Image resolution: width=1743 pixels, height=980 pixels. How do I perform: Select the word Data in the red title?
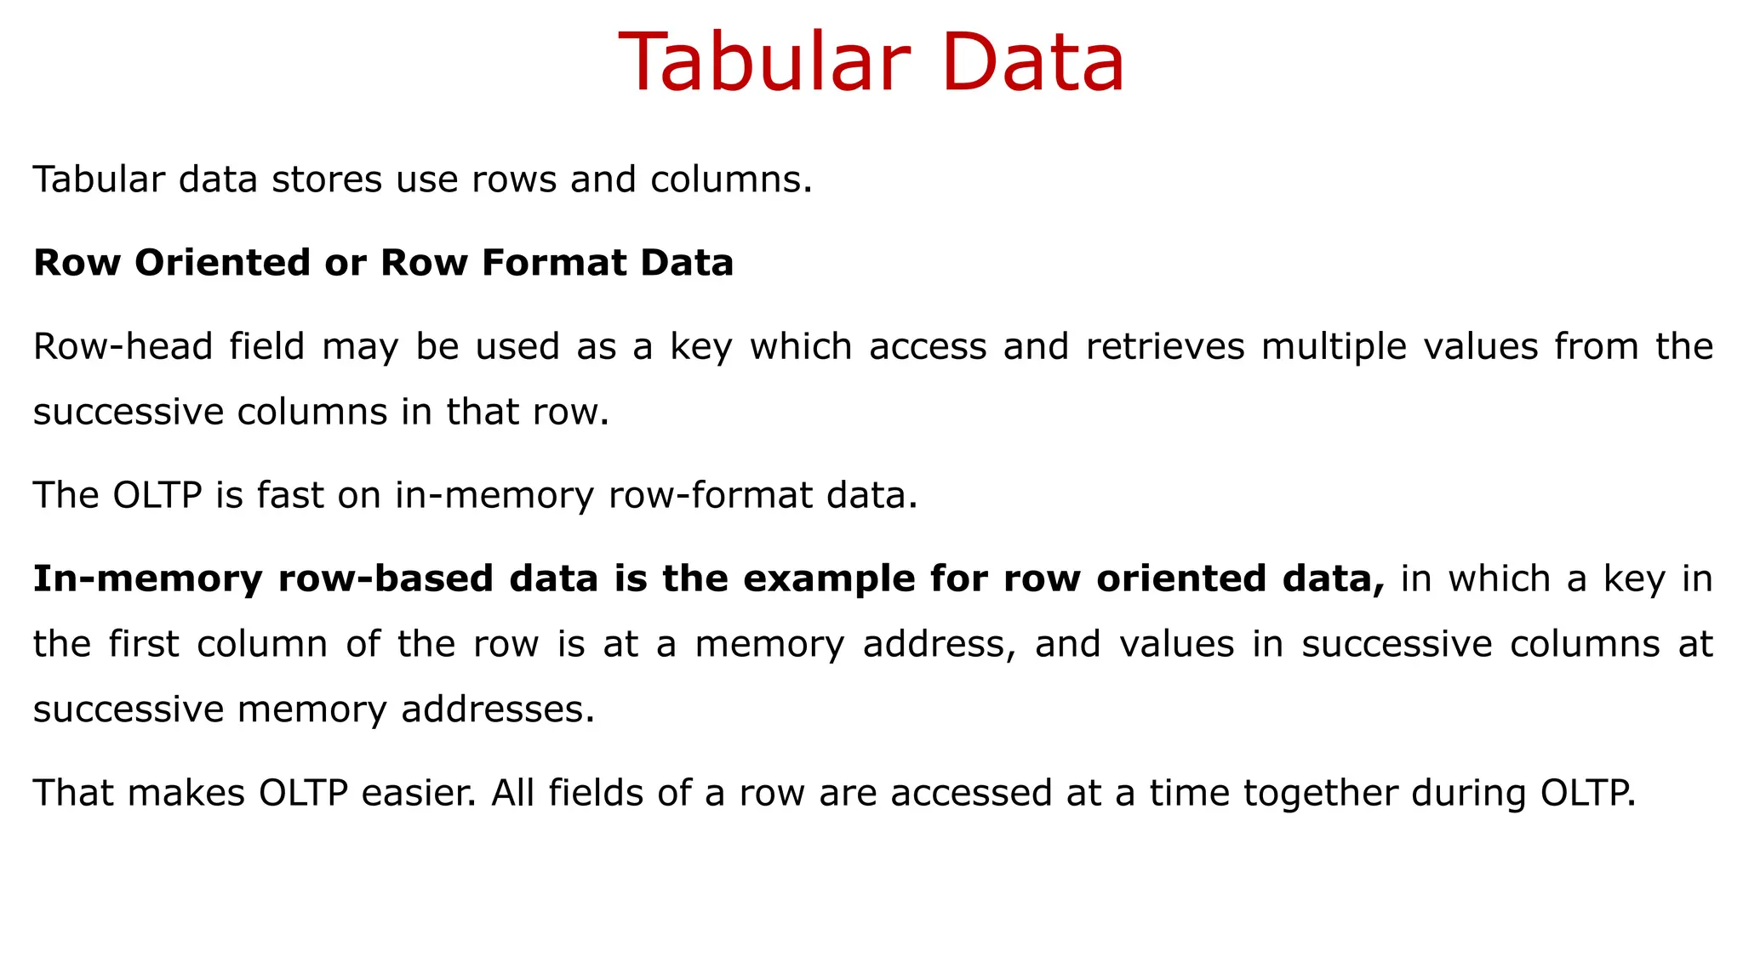click(x=1033, y=63)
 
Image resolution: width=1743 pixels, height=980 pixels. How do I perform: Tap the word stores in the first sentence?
click(x=326, y=179)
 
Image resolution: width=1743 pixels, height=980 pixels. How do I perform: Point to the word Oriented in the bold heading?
click(x=222, y=262)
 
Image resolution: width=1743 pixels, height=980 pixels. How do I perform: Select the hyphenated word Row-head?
click(x=123, y=346)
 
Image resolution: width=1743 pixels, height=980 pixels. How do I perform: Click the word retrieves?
click(x=1165, y=346)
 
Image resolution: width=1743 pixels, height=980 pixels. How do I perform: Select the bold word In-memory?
click(x=147, y=579)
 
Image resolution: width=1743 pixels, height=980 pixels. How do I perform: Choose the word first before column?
click(x=144, y=644)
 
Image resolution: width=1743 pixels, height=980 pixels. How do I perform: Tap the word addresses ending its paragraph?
click(x=498, y=709)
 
